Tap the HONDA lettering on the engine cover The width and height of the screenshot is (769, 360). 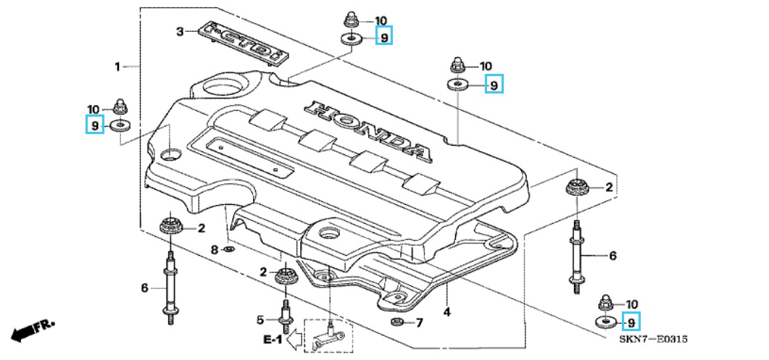click(368, 131)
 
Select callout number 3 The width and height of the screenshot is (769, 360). click(180, 33)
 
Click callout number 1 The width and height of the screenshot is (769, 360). click(117, 66)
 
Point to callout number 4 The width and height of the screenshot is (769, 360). click(446, 311)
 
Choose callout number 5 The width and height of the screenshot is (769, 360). click(260, 320)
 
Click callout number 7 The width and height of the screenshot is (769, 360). click(419, 323)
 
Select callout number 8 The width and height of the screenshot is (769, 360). click(215, 250)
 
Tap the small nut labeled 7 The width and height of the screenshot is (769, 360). click(396, 322)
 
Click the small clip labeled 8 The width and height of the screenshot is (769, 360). click(229, 250)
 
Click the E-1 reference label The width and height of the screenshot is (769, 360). click(273, 339)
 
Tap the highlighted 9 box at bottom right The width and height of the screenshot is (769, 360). click(631, 322)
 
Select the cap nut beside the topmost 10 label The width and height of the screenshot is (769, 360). click(349, 21)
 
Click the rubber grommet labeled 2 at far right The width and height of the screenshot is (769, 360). click(576, 188)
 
